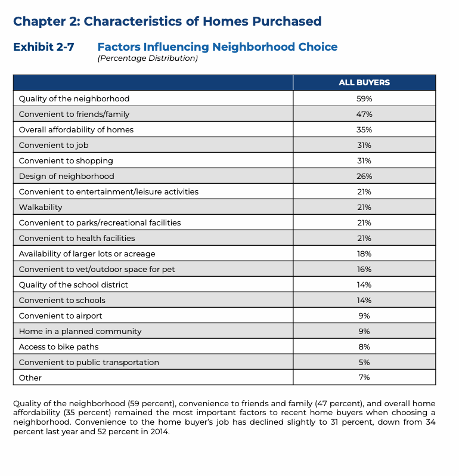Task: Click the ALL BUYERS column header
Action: pyautogui.click(x=364, y=83)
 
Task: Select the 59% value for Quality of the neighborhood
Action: pyautogui.click(x=364, y=98)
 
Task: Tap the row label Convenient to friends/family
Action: pyautogui.click(x=74, y=114)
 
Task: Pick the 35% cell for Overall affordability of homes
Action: pyautogui.click(x=364, y=129)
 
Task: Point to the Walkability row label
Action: pyautogui.click(x=41, y=207)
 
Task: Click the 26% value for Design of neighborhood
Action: pyautogui.click(x=364, y=176)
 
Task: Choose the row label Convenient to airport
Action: pyautogui.click(x=60, y=316)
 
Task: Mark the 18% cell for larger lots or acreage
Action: pyautogui.click(x=364, y=254)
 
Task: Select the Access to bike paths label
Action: pyautogui.click(x=58, y=347)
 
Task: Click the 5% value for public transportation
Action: pyautogui.click(x=364, y=362)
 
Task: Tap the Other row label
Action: pyautogui.click(x=30, y=378)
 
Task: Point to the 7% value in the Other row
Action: pyautogui.click(x=364, y=378)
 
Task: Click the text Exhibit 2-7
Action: pyautogui.click(x=44, y=47)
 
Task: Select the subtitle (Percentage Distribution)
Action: pyautogui.click(x=147, y=58)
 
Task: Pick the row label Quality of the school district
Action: pyautogui.click(x=73, y=285)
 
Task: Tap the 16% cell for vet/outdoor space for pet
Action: pyautogui.click(x=364, y=269)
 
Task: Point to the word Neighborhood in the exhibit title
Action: pyautogui.click(x=252, y=47)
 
